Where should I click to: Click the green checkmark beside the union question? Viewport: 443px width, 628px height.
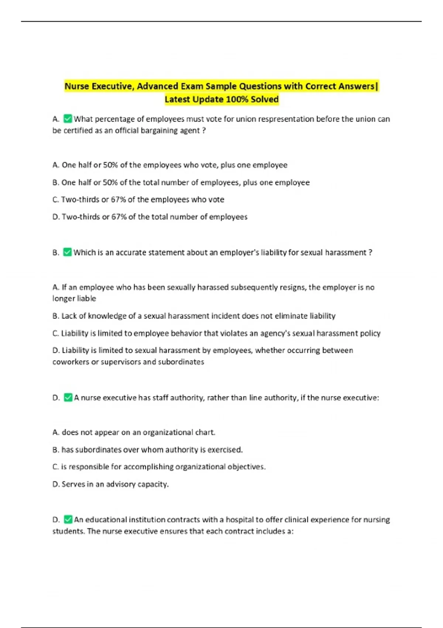coord(68,119)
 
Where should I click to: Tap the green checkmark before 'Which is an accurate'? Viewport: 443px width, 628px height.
coord(67,252)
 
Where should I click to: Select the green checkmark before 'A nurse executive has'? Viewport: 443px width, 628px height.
coord(68,397)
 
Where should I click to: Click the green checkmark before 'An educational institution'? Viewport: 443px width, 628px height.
coord(68,519)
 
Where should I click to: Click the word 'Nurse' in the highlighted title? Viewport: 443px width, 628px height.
coord(77,86)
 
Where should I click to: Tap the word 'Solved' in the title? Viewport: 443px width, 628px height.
coord(265,99)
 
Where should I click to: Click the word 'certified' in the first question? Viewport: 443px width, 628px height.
coord(78,130)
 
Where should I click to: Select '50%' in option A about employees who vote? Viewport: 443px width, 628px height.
coord(110,165)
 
